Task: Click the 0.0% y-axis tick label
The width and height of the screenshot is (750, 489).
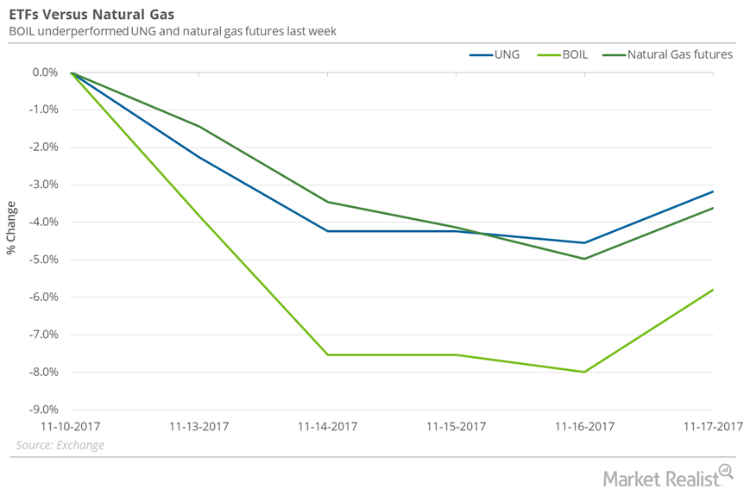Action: pos(45,72)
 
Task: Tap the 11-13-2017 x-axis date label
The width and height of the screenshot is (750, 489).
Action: pos(199,426)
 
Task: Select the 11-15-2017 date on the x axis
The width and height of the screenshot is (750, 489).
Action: pos(457,426)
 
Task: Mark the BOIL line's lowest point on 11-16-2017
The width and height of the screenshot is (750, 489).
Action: pos(585,372)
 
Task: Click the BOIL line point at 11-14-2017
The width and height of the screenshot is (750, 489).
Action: pos(328,354)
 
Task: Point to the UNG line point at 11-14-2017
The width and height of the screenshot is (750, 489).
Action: pos(328,231)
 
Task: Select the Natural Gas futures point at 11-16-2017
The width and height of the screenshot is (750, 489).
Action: pos(585,259)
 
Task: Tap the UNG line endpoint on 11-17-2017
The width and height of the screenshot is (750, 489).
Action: pos(713,191)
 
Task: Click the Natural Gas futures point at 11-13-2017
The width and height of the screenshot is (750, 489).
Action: pos(199,127)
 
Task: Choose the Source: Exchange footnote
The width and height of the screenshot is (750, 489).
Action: pos(60,445)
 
